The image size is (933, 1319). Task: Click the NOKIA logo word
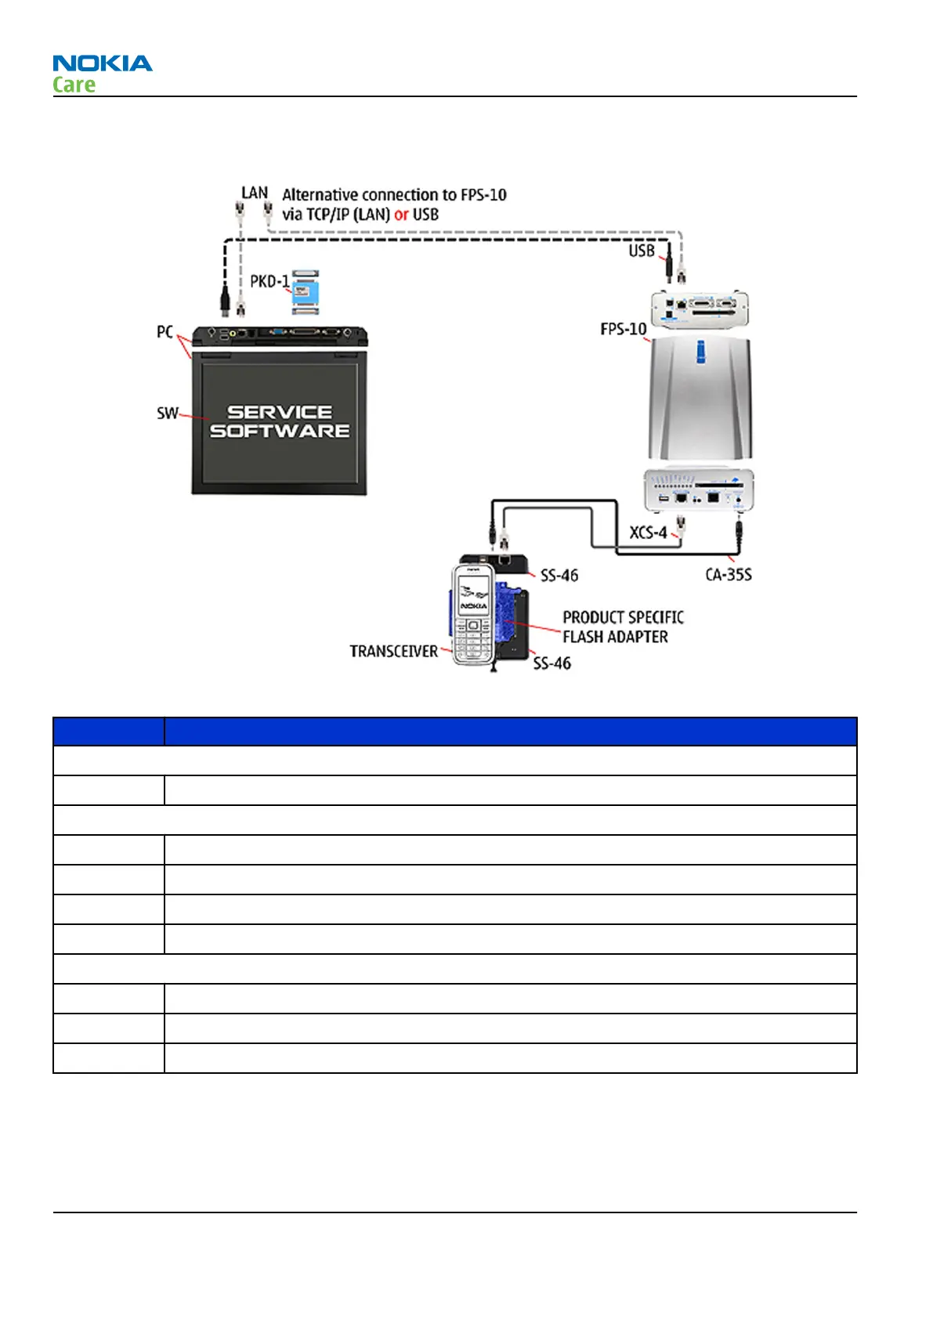pyautogui.click(x=102, y=63)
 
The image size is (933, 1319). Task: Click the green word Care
pyautogui.click(x=74, y=85)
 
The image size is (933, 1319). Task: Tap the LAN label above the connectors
pyautogui.click(x=254, y=193)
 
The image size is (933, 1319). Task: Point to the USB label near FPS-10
pyautogui.click(x=641, y=251)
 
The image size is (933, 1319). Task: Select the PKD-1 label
pyautogui.click(x=269, y=281)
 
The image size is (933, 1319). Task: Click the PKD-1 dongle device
pyautogui.click(x=306, y=292)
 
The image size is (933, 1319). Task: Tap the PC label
pyautogui.click(x=165, y=332)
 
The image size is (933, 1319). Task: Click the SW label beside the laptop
pyautogui.click(x=167, y=413)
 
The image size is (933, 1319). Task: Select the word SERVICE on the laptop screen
pyautogui.click(x=280, y=412)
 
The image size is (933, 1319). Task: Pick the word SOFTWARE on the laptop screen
pyautogui.click(x=280, y=431)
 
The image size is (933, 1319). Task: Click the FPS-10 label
pyautogui.click(x=623, y=329)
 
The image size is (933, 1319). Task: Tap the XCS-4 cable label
pyautogui.click(x=648, y=533)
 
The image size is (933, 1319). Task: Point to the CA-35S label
pyautogui.click(x=728, y=575)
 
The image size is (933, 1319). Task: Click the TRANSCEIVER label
pyautogui.click(x=393, y=652)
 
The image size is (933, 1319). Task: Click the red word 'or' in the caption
pyautogui.click(x=401, y=215)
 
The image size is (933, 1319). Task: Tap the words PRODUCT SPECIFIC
pyautogui.click(x=623, y=617)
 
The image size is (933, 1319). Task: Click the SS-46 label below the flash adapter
pyautogui.click(x=551, y=663)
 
